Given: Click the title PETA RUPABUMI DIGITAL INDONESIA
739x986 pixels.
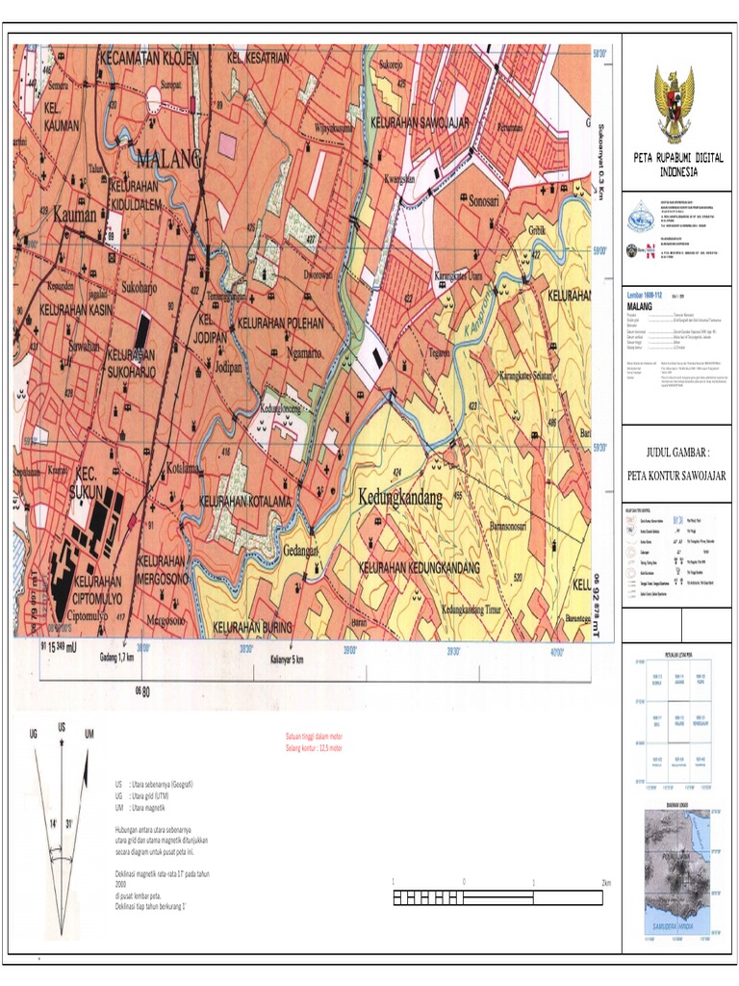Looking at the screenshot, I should click(x=678, y=164).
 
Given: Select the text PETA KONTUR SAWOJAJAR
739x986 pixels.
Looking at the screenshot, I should click(x=676, y=475).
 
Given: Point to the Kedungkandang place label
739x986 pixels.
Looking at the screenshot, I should click(x=400, y=498).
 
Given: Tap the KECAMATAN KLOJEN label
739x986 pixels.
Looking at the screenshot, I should click(x=149, y=58).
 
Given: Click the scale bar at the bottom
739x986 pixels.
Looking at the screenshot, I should click(x=498, y=897).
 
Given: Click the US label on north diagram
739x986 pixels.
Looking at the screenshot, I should click(x=63, y=726).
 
